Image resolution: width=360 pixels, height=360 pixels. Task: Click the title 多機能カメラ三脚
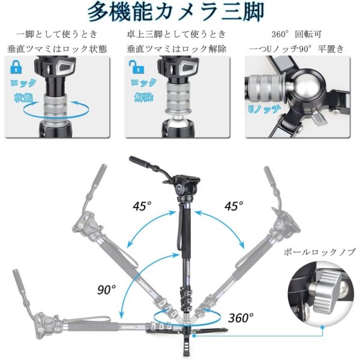180,12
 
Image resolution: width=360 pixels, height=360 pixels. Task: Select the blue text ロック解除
143,90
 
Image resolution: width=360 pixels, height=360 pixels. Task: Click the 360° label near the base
241,317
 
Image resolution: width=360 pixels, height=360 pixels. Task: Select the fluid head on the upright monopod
182,186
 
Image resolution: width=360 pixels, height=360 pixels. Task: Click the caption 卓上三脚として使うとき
177,34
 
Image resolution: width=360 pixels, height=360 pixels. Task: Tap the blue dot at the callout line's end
322,328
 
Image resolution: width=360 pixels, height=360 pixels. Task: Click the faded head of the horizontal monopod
42,322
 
